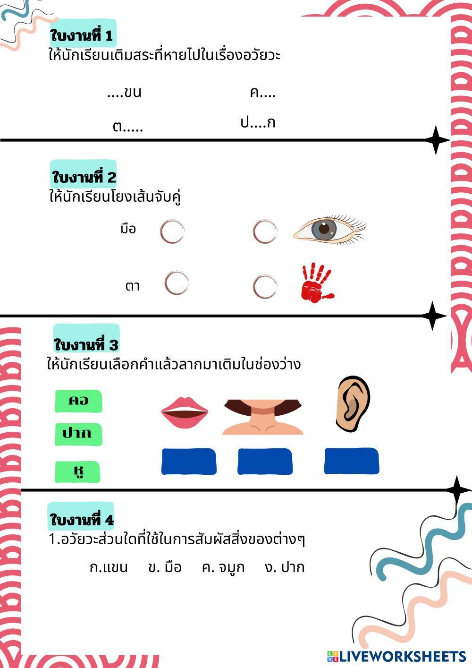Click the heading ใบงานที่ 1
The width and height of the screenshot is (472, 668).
82,36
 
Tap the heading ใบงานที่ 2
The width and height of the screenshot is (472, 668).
84,178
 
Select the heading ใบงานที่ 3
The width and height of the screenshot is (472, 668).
86,344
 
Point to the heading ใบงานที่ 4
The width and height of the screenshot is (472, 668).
82,520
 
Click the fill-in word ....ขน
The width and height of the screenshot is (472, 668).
124,92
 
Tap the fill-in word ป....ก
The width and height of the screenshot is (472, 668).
258,123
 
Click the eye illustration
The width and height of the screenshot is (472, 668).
329,230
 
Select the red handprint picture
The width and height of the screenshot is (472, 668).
317,283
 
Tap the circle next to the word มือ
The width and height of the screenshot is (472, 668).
172,231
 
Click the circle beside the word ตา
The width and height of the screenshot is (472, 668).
177,283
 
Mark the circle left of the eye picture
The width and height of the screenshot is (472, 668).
265,231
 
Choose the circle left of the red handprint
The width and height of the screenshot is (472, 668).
265,287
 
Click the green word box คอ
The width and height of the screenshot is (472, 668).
78,401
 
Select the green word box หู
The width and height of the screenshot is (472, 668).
78,471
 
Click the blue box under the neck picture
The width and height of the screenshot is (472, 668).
265,462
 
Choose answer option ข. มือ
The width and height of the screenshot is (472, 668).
165,567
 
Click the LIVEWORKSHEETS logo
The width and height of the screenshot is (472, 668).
396,656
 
